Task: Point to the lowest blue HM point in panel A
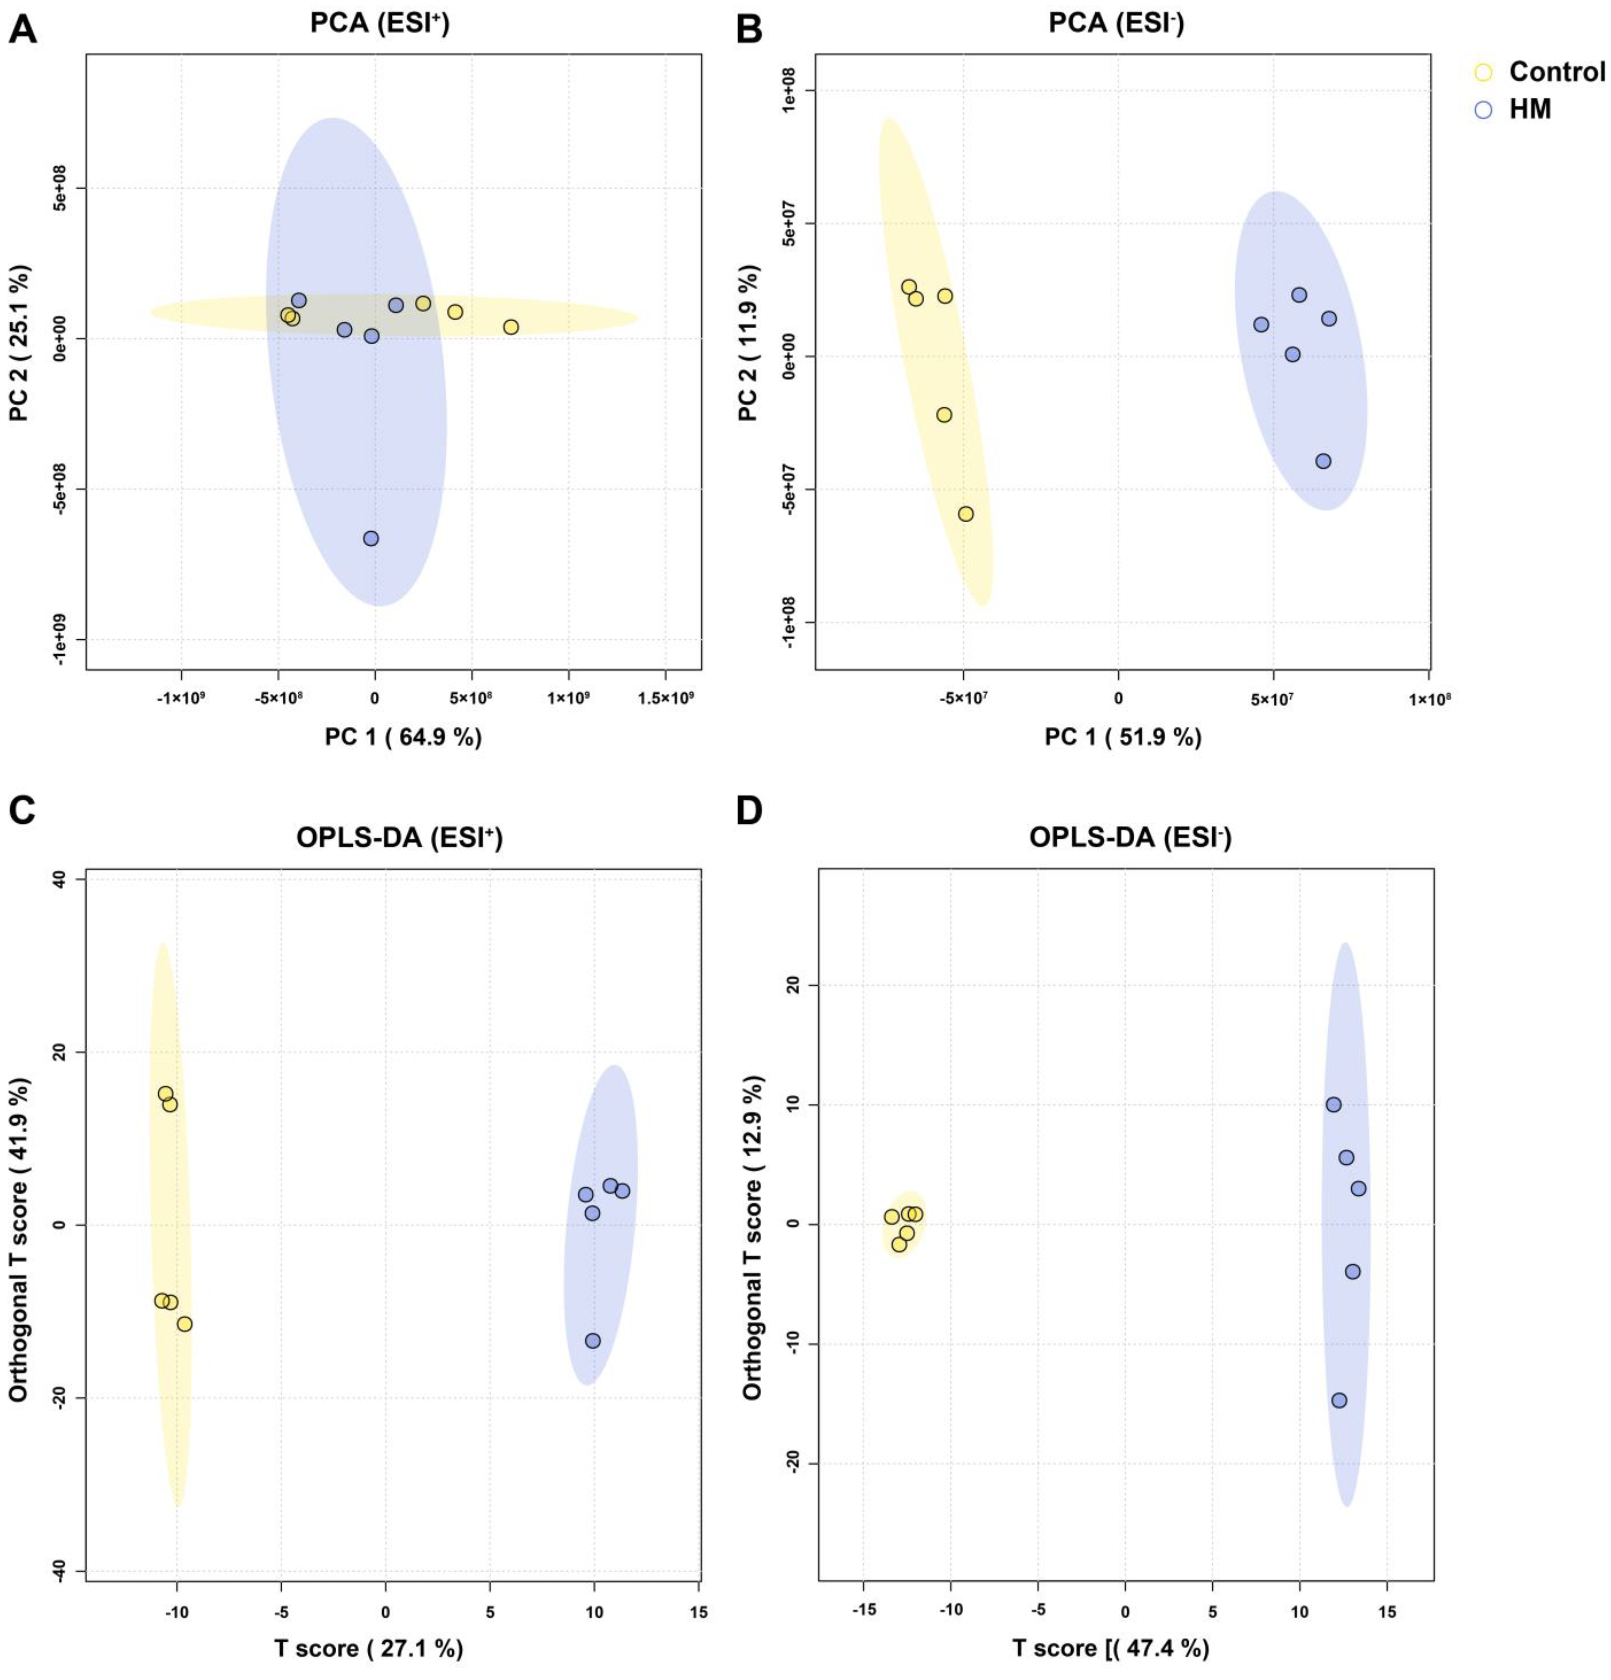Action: [x=371, y=538]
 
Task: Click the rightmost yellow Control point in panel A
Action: [x=511, y=327]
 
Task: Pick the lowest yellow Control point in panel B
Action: [x=966, y=513]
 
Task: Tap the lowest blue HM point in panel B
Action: [x=1323, y=461]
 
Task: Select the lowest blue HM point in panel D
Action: [x=1339, y=1400]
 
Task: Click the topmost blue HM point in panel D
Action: [x=1333, y=1104]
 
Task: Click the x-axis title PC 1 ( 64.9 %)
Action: [x=403, y=737]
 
